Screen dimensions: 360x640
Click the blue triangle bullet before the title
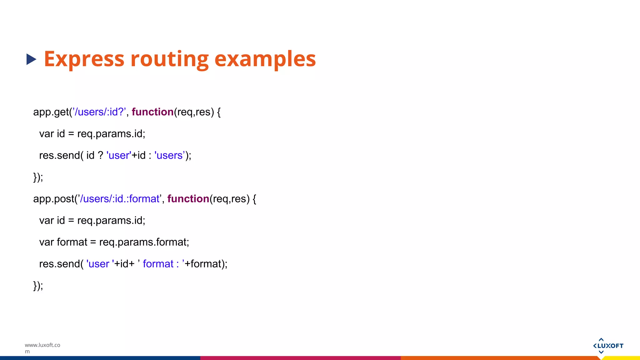tap(31, 59)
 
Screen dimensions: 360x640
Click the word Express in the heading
tap(84, 59)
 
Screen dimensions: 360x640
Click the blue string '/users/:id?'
tap(99, 112)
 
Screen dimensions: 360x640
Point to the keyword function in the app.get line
tap(152, 112)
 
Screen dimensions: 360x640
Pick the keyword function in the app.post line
tap(188, 199)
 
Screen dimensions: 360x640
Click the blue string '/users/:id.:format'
tap(120, 199)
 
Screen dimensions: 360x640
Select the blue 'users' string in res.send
tap(170, 155)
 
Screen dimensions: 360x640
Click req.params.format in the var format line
tap(144, 242)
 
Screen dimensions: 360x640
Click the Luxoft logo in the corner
tap(608, 346)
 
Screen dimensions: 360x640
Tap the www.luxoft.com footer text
tap(42, 348)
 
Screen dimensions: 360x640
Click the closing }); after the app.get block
tap(38, 177)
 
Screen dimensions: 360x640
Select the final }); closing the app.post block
tap(38, 286)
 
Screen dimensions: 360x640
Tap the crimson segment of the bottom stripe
tap(300, 358)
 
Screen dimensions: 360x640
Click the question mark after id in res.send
tap(100, 155)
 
